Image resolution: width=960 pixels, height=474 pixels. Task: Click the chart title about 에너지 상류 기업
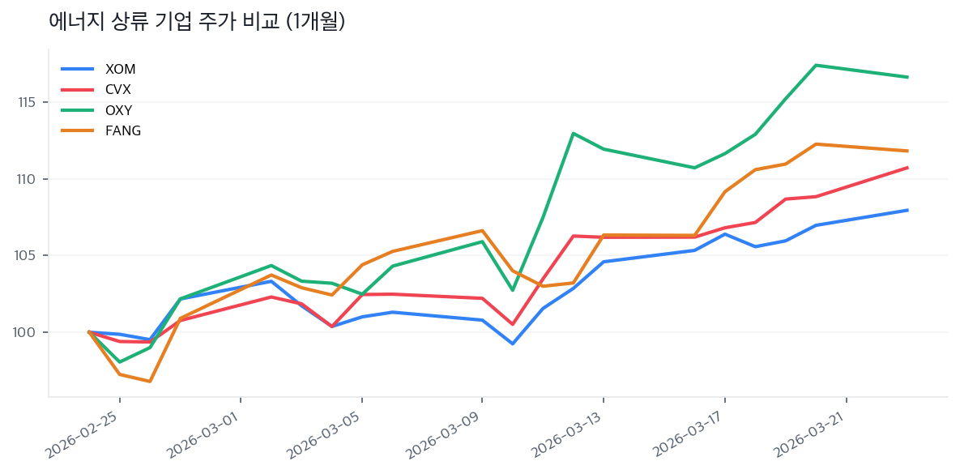click(x=197, y=22)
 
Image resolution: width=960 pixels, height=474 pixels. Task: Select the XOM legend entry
click(x=120, y=69)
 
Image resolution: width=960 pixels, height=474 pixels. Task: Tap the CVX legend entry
click(x=118, y=89)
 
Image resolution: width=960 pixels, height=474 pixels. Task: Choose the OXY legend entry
click(x=118, y=110)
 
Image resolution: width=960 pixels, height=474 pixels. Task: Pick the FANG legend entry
click(x=123, y=130)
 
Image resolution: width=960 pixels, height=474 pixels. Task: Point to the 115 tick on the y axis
click(x=28, y=102)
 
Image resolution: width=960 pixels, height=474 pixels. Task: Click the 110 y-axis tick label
click(x=28, y=179)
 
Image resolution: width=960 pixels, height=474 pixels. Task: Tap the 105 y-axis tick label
click(x=28, y=255)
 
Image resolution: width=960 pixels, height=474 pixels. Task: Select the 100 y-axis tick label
click(x=28, y=332)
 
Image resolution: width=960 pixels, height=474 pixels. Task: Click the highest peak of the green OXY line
click(x=815, y=65)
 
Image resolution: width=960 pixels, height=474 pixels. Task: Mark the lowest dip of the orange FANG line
click(x=150, y=381)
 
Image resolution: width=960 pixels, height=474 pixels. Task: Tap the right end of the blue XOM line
click(x=907, y=210)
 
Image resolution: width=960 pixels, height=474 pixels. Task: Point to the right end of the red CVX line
click(x=907, y=168)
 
